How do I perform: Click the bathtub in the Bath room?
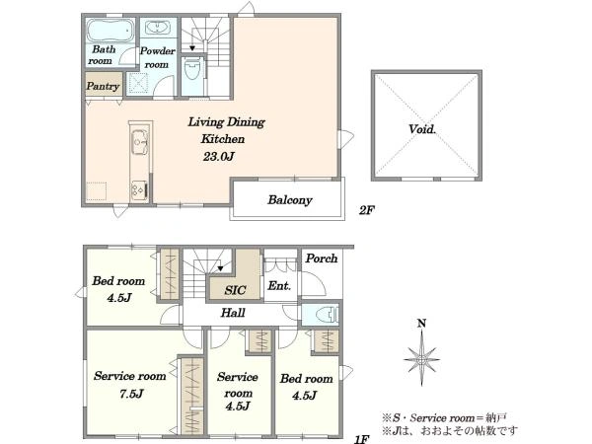[111, 31]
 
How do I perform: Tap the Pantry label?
[103, 86]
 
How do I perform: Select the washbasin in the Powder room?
[158, 28]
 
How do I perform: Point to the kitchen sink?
[139, 142]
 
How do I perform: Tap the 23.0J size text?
[219, 156]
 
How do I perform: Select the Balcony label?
[290, 200]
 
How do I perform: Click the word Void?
[422, 129]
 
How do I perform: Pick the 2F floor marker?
[367, 210]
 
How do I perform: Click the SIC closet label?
[235, 290]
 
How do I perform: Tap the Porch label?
[322, 259]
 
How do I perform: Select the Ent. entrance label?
[279, 286]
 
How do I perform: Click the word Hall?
[233, 313]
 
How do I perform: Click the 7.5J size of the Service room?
[131, 394]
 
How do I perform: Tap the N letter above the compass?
[421, 324]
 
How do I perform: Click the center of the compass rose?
[421, 360]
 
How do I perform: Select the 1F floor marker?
[362, 439]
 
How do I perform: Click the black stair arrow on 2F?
[192, 48]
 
